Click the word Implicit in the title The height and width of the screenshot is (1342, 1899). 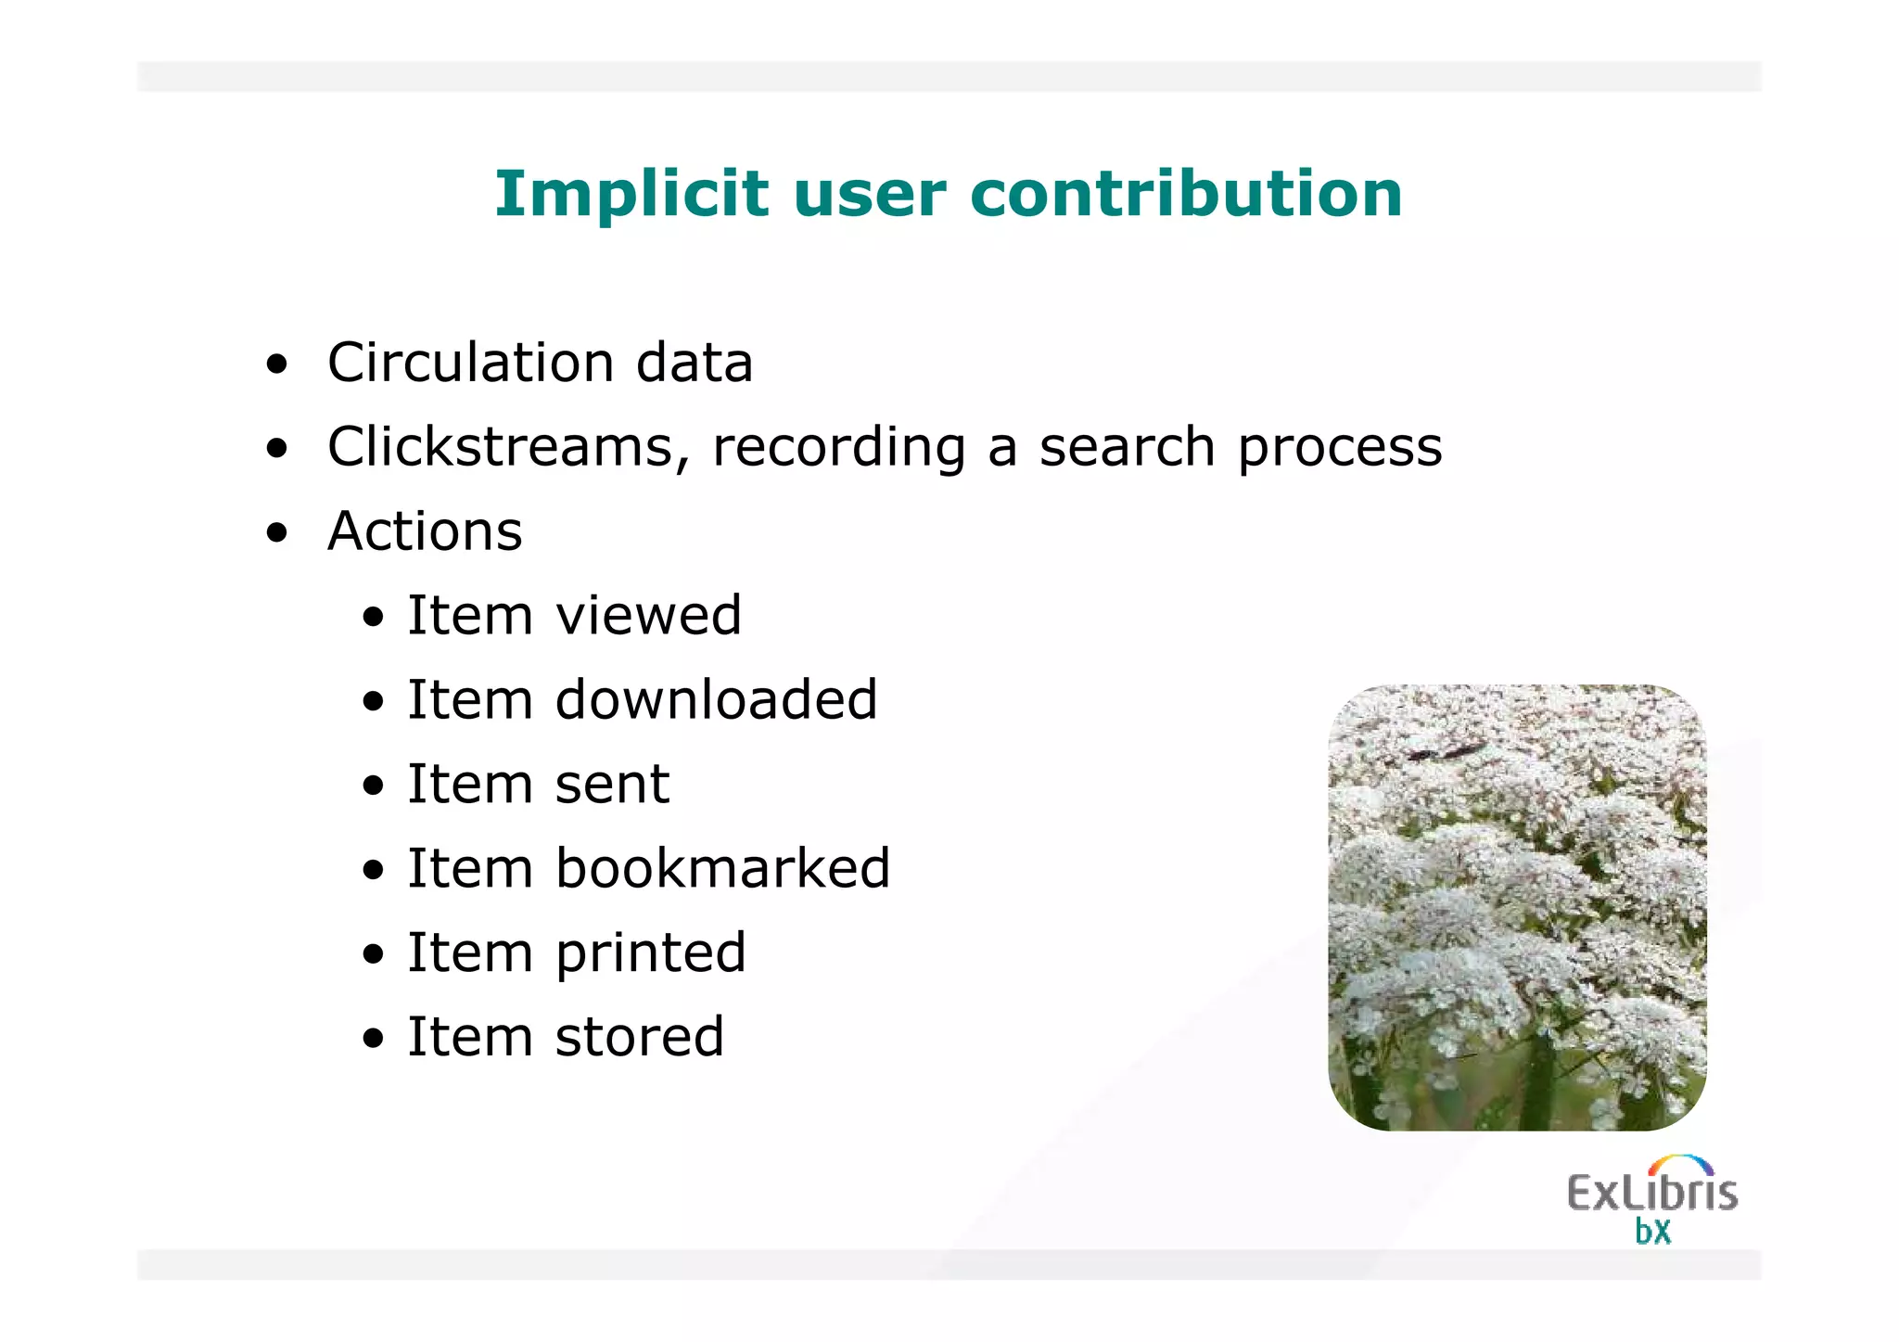pos(631,195)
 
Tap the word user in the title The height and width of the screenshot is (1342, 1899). pos(869,195)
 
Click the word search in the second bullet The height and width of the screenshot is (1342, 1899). pos(1126,448)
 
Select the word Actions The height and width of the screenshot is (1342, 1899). pos(425,532)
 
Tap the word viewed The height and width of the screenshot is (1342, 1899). pos(648,616)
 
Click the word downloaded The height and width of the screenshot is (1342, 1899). pos(716,700)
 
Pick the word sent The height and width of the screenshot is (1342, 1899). pos(612,786)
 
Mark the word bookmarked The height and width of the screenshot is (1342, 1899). pos(722,869)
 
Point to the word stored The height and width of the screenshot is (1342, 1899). pos(639,1038)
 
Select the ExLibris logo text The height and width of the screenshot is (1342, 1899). pos(1651,1194)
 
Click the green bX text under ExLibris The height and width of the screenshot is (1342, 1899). pos(1652,1233)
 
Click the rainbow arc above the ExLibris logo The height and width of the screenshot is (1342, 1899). pos(1680,1163)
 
